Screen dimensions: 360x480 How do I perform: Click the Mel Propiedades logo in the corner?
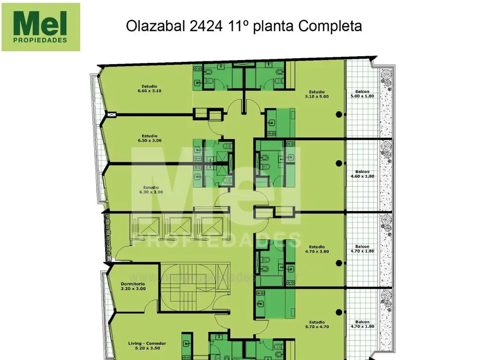point(41,27)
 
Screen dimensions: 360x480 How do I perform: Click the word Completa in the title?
point(330,26)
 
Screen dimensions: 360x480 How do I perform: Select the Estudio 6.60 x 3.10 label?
point(149,89)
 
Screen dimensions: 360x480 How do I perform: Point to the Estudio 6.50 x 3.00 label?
point(150,138)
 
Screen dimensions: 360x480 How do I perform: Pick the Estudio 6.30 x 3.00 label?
point(151,189)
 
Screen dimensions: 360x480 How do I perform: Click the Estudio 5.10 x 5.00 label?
point(317,94)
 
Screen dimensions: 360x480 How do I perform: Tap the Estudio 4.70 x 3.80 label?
point(317,248)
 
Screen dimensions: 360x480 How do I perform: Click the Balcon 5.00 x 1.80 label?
point(362,94)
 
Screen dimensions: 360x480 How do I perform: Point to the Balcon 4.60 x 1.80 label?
point(362,174)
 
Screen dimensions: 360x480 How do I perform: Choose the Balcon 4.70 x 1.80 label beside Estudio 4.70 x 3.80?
point(362,248)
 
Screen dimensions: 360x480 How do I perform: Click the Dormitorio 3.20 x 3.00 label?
point(133,286)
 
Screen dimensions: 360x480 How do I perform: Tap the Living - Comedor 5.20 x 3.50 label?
point(147,345)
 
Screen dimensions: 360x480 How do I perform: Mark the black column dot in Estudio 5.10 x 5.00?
point(338,114)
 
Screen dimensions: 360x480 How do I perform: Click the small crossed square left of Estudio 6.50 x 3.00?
point(112,114)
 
